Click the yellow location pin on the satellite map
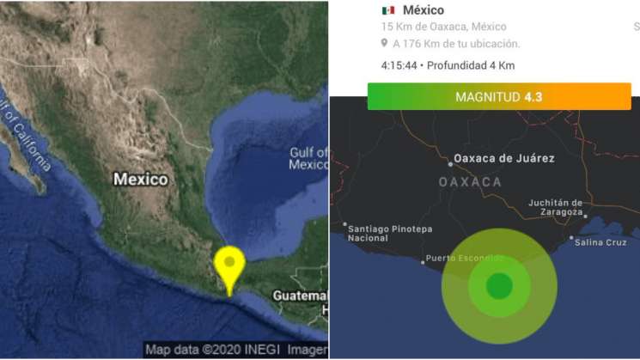(x=229, y=265)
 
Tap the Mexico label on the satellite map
(x=141, y=180)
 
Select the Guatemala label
(x=300, y=295)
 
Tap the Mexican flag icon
(x=388, y=10)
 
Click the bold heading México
(x=424, y=10)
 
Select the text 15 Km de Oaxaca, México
(x=444, y=27)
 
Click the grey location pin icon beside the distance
(x=385, y=43)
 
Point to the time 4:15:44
(x=399, y=65)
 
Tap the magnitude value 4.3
(x=533, y=97)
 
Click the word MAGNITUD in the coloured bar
(x=488, y=97)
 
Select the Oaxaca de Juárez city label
(x=503, y=158)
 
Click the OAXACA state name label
(x=470, y=182)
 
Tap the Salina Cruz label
(x=600, y=242)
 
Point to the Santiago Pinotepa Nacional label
(x=389, y=233)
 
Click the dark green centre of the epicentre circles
(x=499, y=285)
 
